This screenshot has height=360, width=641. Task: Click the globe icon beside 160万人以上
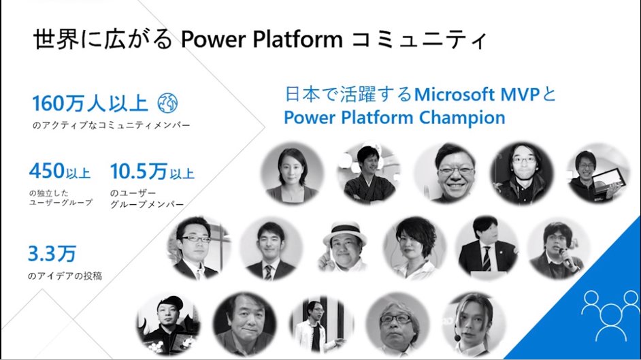click(x=167, y=103)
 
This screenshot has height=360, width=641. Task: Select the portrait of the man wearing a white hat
click(x=344, y=246)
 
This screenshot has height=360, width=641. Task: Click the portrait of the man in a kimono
click(x=368, y=173)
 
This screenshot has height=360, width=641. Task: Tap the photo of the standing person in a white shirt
click(x=318, y=326)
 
